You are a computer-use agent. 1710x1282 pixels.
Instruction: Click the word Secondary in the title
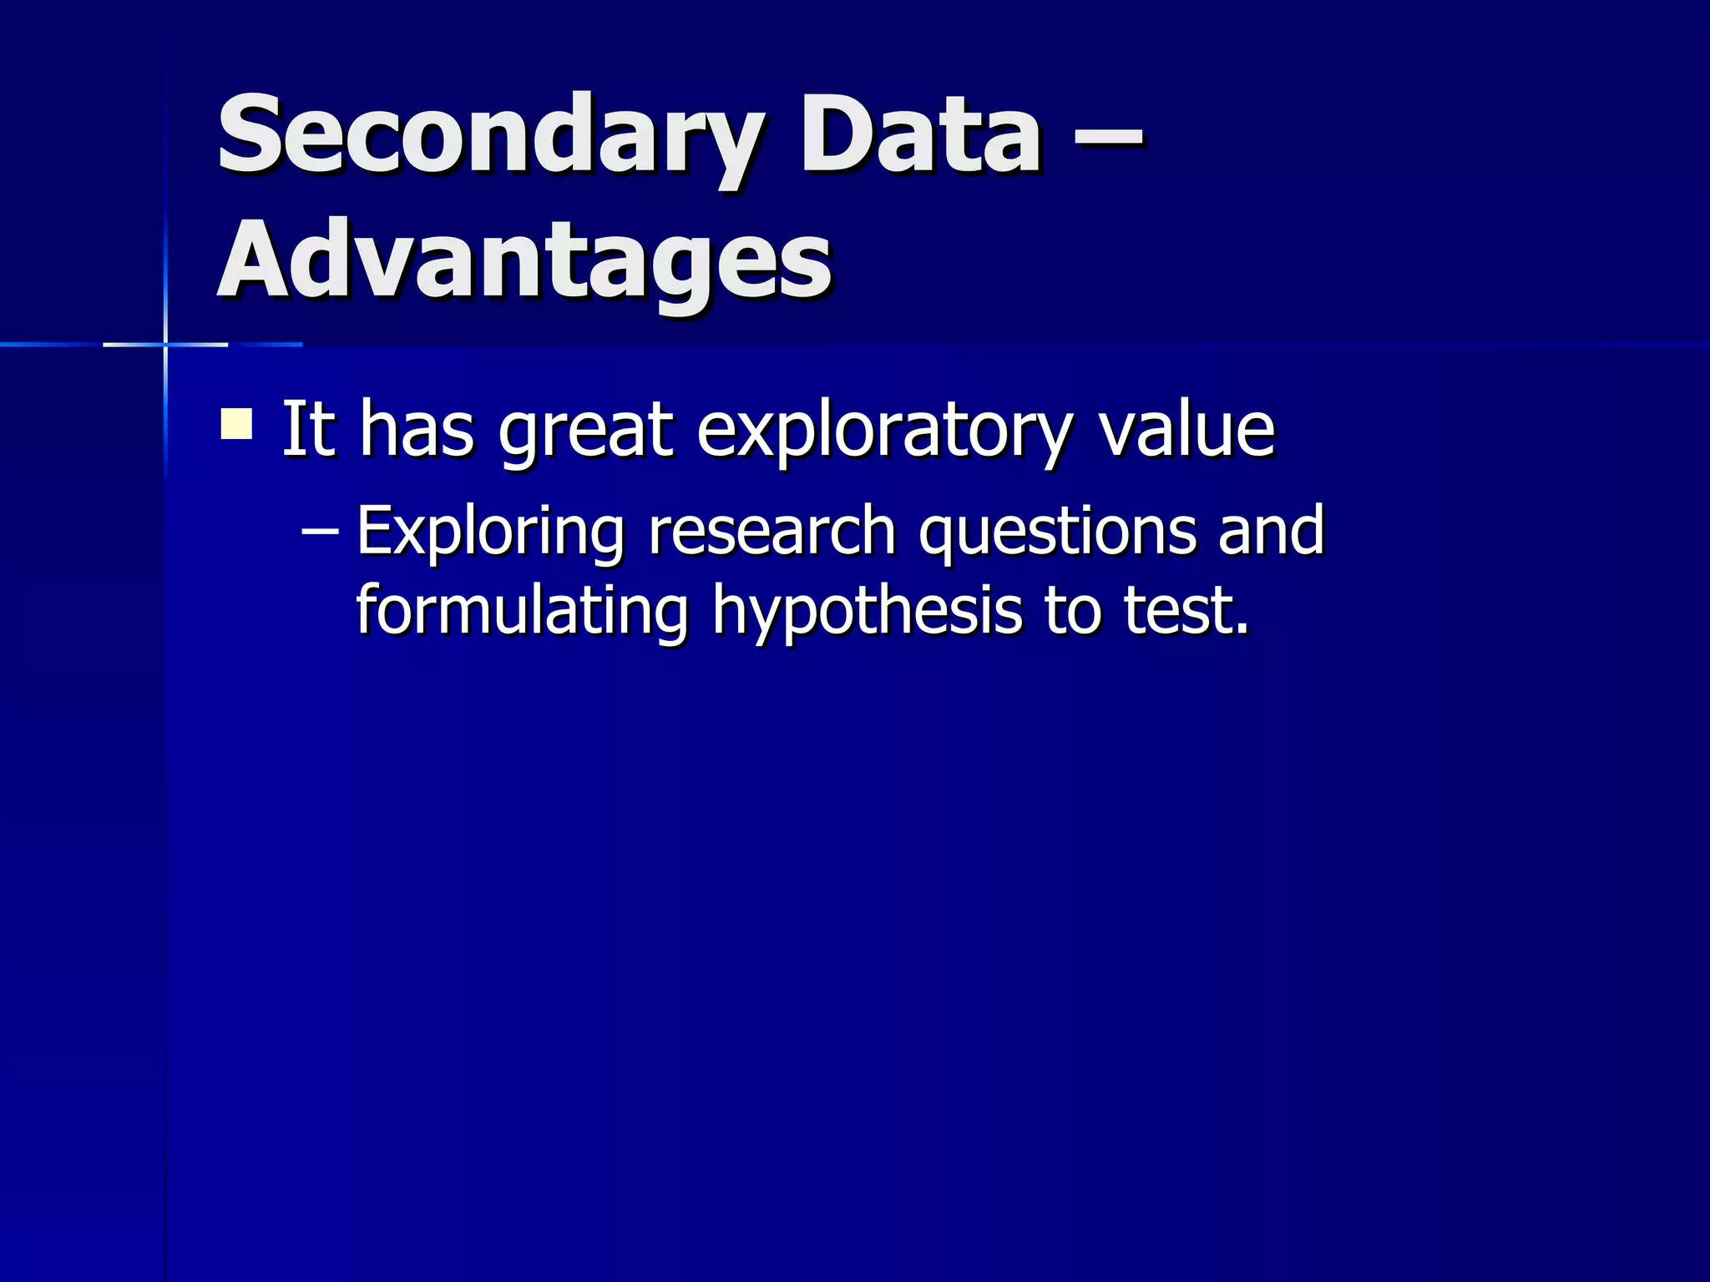pos(488,135)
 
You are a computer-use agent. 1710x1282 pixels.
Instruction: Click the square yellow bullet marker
pos(236,423)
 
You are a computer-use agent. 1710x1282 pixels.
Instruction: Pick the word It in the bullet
pos(307,429)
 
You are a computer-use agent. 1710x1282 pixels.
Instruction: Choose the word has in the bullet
pos(417,429)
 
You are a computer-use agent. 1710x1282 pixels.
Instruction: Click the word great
pos(584,431)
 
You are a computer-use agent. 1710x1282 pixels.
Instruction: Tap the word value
pos(1186,429)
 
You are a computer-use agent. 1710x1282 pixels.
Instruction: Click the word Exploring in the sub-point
pos(490,532)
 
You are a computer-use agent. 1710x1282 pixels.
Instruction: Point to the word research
pos(772,531)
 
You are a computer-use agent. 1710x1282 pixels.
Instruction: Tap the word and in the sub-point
pos(1271,531)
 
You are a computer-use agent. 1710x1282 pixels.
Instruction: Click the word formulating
pos(523,611)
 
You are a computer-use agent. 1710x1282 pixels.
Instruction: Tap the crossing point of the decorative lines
pos(165,344)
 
